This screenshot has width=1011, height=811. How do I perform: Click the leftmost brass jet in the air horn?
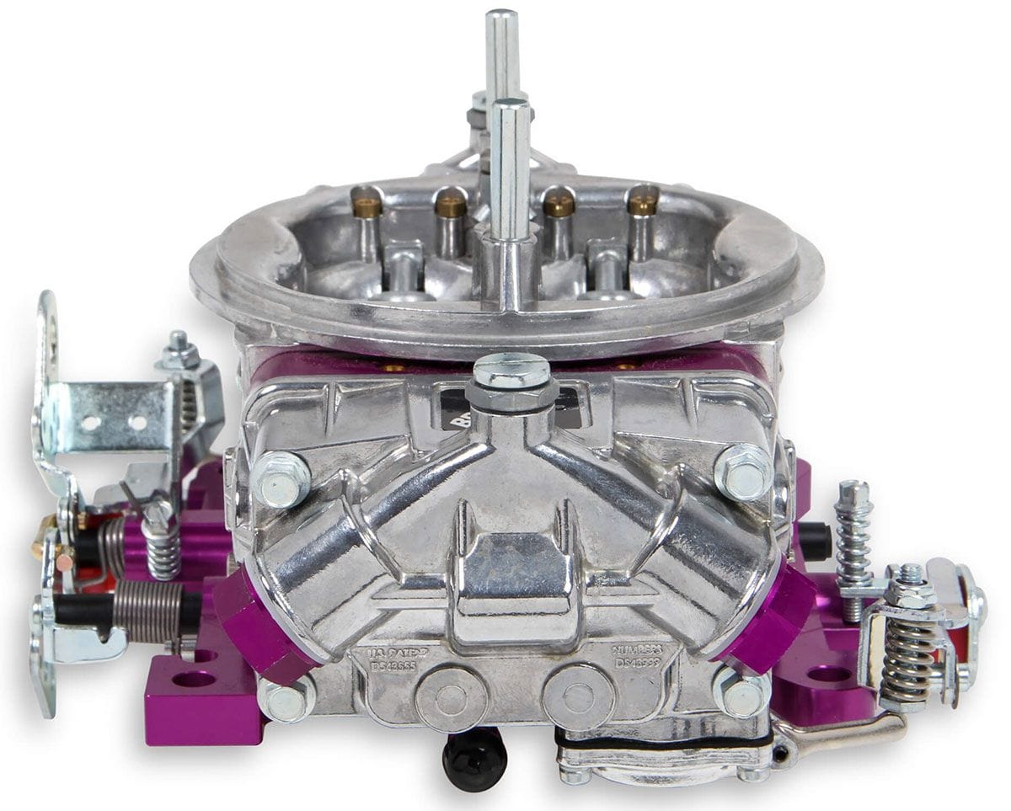[x=366, y=204]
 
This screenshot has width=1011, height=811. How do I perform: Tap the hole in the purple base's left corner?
[x=193, y=679]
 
